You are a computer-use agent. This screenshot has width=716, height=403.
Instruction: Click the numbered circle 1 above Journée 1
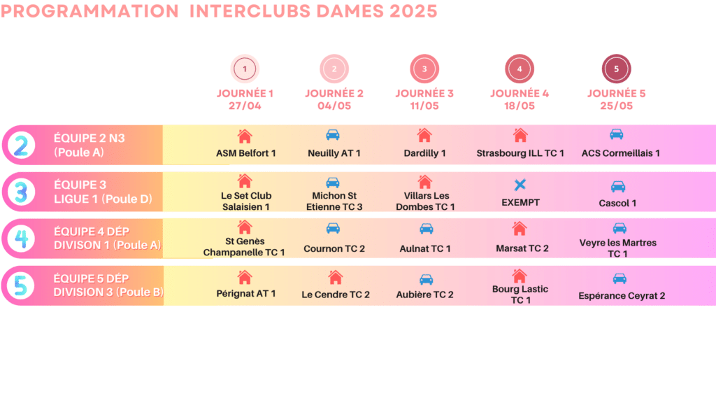coord(245,69)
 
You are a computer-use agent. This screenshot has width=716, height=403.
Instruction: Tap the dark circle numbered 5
coord(616,69)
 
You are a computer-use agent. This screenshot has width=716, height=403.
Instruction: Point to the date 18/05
coord(520,106)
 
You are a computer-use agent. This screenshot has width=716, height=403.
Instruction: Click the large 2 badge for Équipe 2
coord(21,145)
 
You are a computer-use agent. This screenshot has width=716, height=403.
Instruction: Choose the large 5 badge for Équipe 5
coord(21,285)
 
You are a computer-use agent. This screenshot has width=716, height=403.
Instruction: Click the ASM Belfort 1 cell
coord(245,153)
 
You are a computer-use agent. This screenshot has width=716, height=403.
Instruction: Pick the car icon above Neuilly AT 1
coord(334,135)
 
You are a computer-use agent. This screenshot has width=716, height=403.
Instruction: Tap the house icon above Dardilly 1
coord(424,135)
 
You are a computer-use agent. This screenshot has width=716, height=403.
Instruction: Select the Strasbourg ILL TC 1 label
coord(520,153)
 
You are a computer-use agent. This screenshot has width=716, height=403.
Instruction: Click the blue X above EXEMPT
coord(520,185)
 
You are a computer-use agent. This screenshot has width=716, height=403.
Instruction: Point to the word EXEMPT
coord(520,202)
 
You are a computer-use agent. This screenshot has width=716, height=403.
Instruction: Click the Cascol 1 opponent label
coord(617,203)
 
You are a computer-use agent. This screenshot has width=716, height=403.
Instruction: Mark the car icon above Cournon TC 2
coord(334,228)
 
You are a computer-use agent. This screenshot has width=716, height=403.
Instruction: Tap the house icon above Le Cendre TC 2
coord(336,277)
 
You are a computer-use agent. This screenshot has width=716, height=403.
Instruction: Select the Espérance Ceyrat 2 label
coord(622,296)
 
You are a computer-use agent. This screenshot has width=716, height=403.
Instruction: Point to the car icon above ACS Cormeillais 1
coord(617,134)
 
